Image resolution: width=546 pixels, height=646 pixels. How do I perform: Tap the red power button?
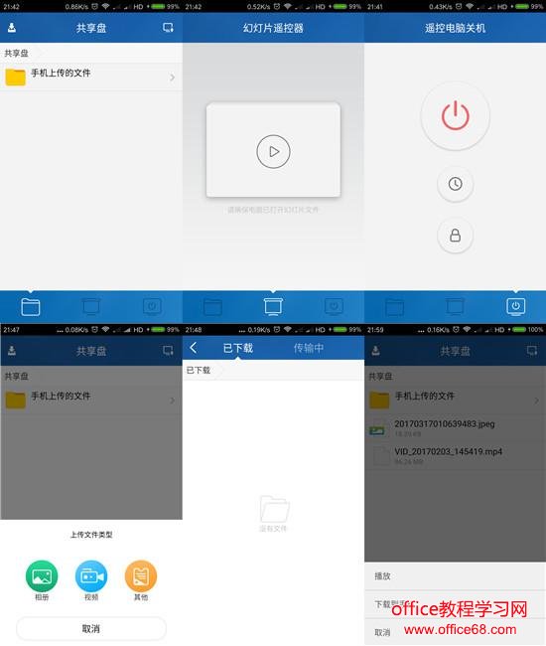(455, 115)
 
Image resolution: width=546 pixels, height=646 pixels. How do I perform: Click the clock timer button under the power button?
(455, 184)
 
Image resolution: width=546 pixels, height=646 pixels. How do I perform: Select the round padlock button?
(455, 236)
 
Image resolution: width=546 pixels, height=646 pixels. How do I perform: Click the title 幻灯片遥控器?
(273, 28)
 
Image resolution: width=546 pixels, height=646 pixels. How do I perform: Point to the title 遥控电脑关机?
(455, 28)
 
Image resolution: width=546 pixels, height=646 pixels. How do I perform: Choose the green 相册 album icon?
(42, 575)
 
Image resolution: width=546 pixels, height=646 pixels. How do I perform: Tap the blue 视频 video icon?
(91, 575)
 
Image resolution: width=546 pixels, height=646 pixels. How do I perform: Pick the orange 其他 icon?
(140, 575)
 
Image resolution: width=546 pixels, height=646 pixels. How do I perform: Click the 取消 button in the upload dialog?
(90, 628)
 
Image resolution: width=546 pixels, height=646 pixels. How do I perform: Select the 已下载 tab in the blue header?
(237, 348)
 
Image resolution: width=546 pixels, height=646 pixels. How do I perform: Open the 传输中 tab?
(309, 348)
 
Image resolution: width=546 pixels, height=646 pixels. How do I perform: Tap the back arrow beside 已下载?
(194, 348)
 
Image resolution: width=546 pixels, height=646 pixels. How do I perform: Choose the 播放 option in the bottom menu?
(383, 576)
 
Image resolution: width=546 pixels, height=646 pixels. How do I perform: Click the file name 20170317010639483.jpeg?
(444, 424)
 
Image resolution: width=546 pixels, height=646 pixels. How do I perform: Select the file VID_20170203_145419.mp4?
(449, 450)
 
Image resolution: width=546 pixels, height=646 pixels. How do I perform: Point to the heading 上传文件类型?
(90, 535)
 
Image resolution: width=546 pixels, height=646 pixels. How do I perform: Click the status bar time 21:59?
(376, 329)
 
